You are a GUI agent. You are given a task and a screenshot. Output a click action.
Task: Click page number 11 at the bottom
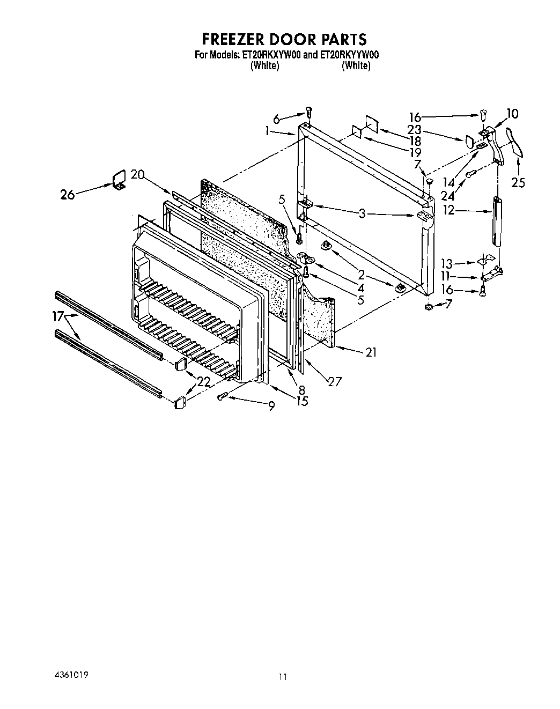[283, 677]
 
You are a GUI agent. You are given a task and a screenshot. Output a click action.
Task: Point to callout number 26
[68, 195]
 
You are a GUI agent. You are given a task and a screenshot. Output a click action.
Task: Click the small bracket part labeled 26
[119, 179]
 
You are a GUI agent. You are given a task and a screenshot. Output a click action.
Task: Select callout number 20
[138, 175]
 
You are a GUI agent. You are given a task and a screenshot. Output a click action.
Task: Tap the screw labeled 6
[308, 112]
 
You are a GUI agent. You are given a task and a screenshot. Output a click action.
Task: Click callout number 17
[58, 316]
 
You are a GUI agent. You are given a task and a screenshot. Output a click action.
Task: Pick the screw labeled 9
[223, 396]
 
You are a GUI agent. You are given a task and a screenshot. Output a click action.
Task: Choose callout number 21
[371, 352]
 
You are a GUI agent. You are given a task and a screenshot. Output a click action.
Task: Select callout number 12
[448, 210]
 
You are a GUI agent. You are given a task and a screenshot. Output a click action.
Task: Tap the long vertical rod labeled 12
[497, 221]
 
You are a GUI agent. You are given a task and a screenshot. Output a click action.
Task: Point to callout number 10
[512, 114]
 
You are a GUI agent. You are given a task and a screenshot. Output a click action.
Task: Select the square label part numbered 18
[371, 123]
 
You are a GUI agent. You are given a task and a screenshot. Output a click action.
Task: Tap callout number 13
[446, 263]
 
